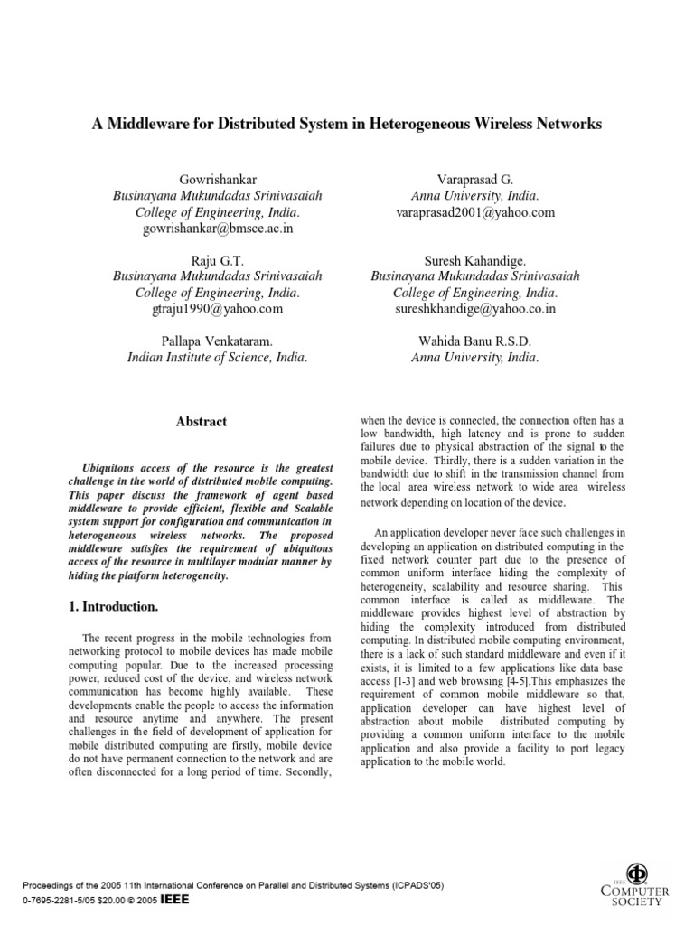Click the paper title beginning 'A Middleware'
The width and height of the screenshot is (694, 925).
click(x=346, y=125)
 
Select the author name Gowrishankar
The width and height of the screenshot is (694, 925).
click(x=217, y=179)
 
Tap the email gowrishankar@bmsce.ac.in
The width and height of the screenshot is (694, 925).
click(x=217, y=229)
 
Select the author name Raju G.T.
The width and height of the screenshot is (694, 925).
click(x=217, y=260)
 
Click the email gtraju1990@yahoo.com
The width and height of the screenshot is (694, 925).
click(x=217, y=309)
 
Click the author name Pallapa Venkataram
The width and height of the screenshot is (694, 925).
click(x=217, y=341)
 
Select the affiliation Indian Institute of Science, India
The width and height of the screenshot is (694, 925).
click(x=217, y=357)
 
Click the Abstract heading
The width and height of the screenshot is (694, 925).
click(x=201, y=422)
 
